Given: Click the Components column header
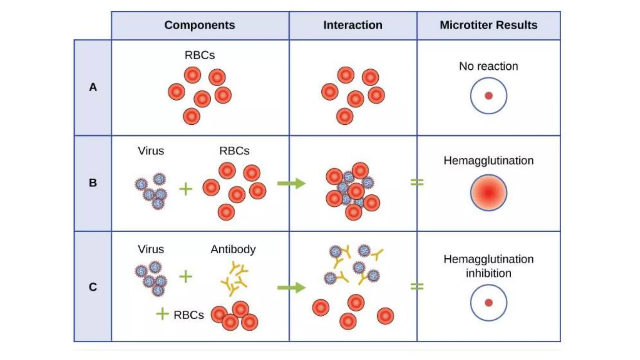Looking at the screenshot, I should [199, 25].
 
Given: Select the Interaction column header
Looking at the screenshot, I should [352, 25].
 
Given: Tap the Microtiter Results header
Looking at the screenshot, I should [488, 25].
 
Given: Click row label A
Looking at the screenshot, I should [93, 87].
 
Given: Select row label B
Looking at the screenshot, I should [93, 183].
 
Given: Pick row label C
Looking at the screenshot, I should [93, 287].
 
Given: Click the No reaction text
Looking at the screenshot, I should [488, 66].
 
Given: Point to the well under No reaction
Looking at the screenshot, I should [488, 96].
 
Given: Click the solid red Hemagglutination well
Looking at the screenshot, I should [488, 192].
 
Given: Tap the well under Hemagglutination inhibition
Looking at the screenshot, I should [488, 302].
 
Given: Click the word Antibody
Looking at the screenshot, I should [233, 249].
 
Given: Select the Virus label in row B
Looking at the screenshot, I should [151, 151].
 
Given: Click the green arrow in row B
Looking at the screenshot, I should [291, 183].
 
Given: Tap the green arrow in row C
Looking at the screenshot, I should [291, 287].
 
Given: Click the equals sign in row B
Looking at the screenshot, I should [417, 182].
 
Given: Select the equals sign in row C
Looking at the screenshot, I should [417, 286].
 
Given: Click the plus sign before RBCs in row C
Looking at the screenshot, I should [162, 314].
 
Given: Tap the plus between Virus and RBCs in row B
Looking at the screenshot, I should [186, 189].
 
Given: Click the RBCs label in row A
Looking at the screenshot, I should [199, 55].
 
